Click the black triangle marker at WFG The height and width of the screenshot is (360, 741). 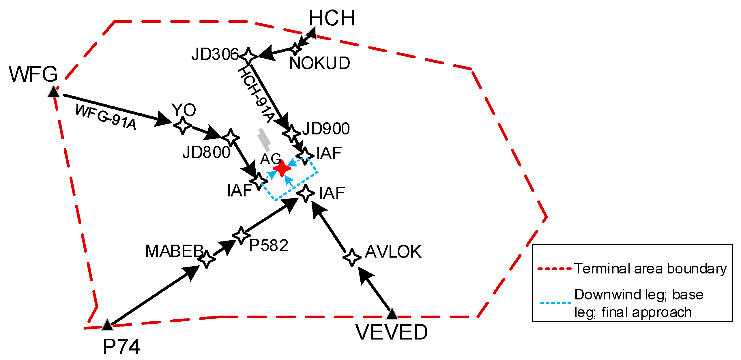pyautogui.click(x=54, y=92)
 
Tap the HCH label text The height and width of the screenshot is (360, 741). pyautogui.click(x=332, y=18)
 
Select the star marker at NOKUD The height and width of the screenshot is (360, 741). pyautogui.click(x=295, y=49)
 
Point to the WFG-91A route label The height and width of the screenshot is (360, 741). pyautogui.click(x=106, y=117)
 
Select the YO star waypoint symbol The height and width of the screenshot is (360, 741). pyautogui.click(x=183, y=125)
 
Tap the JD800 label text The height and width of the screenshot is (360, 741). pyautogui.click(x=206, y=152)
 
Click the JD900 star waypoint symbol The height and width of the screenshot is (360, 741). pyautogui.click(x=291, y=134)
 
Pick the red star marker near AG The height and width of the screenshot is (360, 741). pyautogui.click(x=282, y=168)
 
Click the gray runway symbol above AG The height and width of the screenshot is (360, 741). pyautogui.click(x=265, y=140)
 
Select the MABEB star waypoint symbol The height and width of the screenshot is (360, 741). pyautogui.click(x=207, y=259)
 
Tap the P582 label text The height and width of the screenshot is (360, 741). pyautogui.click(x=268, y=245)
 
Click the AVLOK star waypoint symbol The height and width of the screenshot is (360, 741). pyautogui.click(x=352, y=257)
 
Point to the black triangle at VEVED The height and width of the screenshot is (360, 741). pyautogui.click(x=392, y=314)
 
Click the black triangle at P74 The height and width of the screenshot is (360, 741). pyautogui.click(x=107, y=325)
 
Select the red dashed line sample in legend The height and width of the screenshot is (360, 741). pyautogui.click(x=554, y=269)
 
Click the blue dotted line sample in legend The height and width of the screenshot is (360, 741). pyautogui.click(x=555, y=303)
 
